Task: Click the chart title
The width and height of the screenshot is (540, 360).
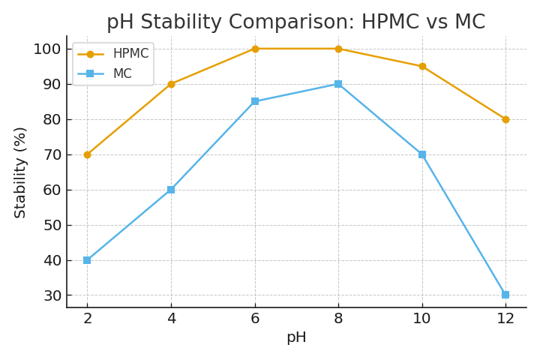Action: [x=295, y=22]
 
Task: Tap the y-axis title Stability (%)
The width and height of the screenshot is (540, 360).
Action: [x=20, y=172]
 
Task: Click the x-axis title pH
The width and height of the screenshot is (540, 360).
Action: [x=296, y=337]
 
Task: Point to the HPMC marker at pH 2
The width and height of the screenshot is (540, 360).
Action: [x=87, y=154]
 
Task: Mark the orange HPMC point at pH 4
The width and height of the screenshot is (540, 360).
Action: [x=171, y=84]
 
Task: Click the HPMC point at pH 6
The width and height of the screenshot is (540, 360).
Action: [x=255, y=49]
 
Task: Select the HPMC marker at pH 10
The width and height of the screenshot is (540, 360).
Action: [x=422, y=67]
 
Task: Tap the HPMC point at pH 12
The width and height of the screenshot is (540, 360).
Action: [x=505, y=119]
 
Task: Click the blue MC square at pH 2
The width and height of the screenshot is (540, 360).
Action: [x=87, y=260]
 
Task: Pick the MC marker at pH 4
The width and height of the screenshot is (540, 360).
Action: [x=171, y=190]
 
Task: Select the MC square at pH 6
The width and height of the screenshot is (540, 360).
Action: [x=255, y=101]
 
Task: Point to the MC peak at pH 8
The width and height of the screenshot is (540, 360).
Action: [x=338, y=84]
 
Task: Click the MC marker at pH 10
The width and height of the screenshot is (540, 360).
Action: [x=422, y=154]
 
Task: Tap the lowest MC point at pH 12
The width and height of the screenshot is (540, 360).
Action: [x=505, y=295]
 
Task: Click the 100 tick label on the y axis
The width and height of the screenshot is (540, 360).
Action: [x=46, y=49]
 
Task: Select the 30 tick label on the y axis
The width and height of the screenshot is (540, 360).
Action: [x=51, y=295]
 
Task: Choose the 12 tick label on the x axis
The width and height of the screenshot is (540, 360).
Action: [x=505, y=319]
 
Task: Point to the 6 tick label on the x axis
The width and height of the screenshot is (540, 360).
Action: [x=255, y=319]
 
